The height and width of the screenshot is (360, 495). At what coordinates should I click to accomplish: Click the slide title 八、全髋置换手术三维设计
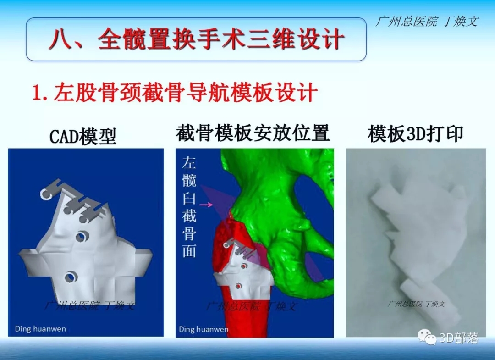(x=196, y=39)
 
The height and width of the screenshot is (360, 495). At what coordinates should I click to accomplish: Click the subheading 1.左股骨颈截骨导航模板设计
(x=175, y=92)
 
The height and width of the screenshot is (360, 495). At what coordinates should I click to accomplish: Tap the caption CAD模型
(x=83, y=136)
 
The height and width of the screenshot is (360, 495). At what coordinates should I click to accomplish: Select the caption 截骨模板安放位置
(x=253, y=133)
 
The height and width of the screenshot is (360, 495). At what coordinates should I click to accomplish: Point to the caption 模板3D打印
(x=415, y=134)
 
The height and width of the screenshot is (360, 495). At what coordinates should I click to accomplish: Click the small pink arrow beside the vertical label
(x=206, y=205)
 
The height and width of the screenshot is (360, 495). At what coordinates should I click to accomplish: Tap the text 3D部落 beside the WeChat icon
(x=458, y=338)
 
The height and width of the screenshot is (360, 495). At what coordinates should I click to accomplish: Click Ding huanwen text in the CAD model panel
(x=40, y=329)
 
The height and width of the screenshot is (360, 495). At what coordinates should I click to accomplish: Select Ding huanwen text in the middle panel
(x=203, y=329)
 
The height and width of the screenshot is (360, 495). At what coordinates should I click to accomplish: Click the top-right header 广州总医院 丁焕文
(x=427, y=22)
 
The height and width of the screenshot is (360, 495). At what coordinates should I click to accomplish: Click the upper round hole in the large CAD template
(x=83, y=236)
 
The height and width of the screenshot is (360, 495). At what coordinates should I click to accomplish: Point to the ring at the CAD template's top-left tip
(x=46, y=194)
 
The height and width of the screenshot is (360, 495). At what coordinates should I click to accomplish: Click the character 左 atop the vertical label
(x=189, y=163)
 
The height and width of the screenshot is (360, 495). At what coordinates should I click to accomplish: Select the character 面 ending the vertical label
(x=189, y=251)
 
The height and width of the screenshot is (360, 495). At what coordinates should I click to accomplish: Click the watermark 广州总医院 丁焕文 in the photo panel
(x=416, y=304)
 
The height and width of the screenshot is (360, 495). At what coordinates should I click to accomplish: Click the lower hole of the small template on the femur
(x=238, y=286)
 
